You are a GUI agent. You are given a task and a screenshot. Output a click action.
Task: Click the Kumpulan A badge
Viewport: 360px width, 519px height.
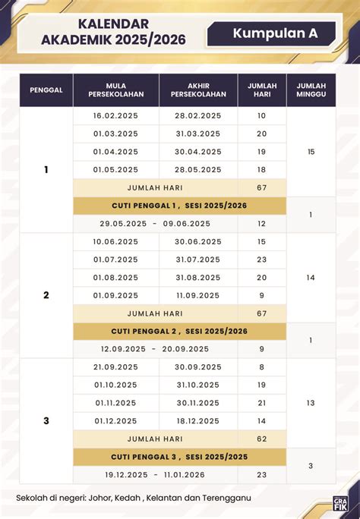pyautogui.click(x=275, y=33)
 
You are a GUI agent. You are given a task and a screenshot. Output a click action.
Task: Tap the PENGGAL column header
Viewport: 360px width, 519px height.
pyautogui.click(x=46, y=90)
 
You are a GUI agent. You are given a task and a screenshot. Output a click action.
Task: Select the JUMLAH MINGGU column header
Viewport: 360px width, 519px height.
pyautogui.click(x=311, y=90)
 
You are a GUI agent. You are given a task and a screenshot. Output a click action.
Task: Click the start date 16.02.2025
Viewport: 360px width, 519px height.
pyautogui.click(x=115, y=115)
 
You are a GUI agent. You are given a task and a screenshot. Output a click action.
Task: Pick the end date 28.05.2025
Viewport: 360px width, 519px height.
pyautogui.click(x=198, y=169)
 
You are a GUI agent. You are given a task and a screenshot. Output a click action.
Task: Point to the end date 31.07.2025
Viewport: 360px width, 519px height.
pyautogui.click(x=197, y=259)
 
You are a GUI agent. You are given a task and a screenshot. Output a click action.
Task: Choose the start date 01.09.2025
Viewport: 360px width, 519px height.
pyautogui.click(x=115, y=295)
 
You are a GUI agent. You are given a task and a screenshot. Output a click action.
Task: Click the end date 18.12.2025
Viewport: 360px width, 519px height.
pyautogui.click(x=197, y=420)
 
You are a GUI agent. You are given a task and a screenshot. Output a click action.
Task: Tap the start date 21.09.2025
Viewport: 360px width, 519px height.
pyautogui.click(x=115, y=366)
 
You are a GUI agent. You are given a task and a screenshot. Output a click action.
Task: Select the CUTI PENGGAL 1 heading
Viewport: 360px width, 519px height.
pyautogui.click(x=179, y=206)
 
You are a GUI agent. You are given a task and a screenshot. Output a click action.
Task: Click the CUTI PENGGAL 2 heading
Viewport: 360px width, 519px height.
pyautogui.click(x=179, y=332)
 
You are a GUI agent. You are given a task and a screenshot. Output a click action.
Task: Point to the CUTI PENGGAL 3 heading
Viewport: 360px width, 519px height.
pyautogui.click(x=179, y=457)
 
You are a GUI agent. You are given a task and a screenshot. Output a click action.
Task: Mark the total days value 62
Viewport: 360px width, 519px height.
pyautogui.click(x=262, y=439)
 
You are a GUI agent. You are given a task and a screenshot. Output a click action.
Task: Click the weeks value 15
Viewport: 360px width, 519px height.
pyautogui.click(x=311, y=152)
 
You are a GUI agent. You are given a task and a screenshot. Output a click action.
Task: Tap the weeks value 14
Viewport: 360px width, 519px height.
pyautogui.click(x=311, y=278)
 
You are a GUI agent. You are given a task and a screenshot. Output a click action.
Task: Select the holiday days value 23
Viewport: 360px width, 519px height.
pyautogui.click(x=262, y=475)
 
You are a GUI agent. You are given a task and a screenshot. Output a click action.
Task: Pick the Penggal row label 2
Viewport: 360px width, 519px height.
pyautogui.click(x=46, y=295)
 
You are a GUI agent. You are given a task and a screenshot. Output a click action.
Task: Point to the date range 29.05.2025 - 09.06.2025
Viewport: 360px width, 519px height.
pyautogui.click(x=155, y=224)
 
